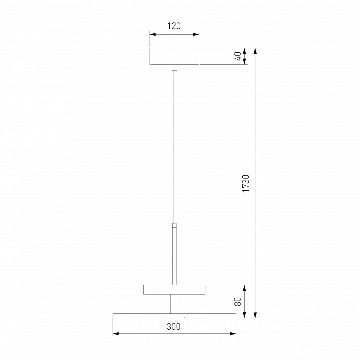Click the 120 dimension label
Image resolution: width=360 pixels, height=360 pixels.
coord(174,26)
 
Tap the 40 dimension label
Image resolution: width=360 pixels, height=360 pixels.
coord(239,56)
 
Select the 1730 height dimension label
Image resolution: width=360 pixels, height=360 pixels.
coord(246,183)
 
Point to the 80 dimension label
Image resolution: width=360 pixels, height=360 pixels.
coord(238,301)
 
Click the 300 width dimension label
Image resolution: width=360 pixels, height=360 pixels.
coord(174,326)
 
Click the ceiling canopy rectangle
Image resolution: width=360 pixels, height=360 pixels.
coord(174,56)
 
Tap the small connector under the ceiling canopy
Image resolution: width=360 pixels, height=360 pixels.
coord(174,67)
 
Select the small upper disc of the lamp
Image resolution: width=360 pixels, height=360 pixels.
coord(174,289)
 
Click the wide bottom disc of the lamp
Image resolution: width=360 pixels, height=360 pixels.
coord(174,315)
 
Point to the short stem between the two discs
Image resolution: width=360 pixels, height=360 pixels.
coord(174,304)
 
